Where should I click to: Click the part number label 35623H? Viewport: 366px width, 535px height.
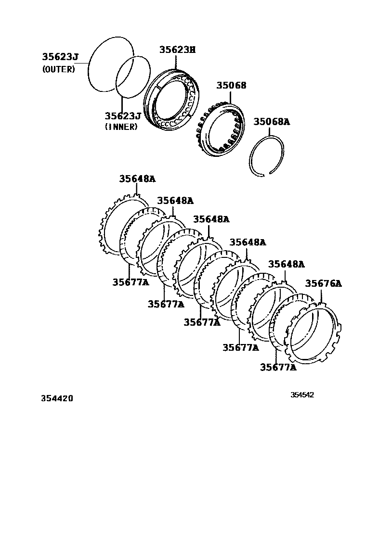point(178,50)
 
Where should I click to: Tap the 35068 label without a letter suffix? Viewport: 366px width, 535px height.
point(231,85)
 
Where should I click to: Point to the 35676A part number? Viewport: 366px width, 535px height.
point(323,283)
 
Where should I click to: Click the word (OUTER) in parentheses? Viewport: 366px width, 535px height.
point(59,69)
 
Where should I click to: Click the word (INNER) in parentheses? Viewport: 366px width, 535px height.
point(121,127)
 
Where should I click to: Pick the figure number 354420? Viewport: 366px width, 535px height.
point(53,398)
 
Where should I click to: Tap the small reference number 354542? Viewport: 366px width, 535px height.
point(302,395)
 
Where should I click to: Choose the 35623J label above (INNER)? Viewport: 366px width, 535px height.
point(123,116)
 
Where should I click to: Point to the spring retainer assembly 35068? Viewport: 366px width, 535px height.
point(222,129)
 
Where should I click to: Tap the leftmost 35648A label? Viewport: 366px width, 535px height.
point(137,179)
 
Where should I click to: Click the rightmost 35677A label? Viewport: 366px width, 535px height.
point(278,368)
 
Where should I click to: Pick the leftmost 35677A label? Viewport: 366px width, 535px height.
point(131,282)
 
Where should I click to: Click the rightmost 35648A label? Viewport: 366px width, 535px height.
point(287,264)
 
